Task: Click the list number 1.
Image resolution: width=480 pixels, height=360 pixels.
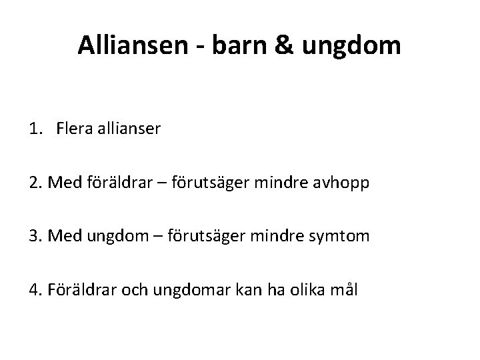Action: tap(33, 129)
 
